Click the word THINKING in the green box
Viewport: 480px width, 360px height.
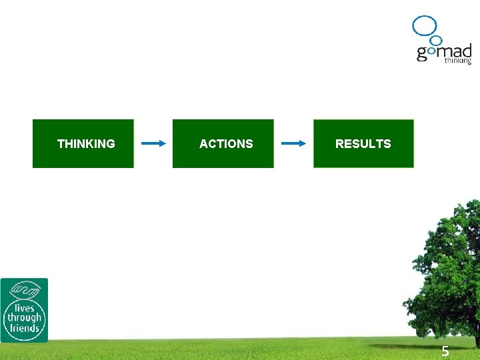[86, 143]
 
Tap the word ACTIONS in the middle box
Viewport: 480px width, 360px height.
[226, 143]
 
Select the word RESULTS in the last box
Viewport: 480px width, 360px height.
[363, 143]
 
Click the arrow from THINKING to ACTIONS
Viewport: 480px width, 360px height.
[153, 143]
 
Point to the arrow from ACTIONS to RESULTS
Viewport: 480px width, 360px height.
[293, 143]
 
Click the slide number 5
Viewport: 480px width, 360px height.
[445, 352]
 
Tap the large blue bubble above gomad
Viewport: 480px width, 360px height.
[424, 25]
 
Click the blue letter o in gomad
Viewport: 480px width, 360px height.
[431, 52]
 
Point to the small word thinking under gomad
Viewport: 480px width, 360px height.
[458, 61]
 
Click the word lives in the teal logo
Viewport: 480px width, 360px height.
[25, 308]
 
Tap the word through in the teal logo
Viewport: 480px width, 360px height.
[25, 318]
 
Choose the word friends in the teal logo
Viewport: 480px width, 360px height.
[25, 328]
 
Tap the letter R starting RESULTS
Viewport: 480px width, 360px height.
[339, 143]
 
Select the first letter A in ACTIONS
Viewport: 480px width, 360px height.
[203, 143]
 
